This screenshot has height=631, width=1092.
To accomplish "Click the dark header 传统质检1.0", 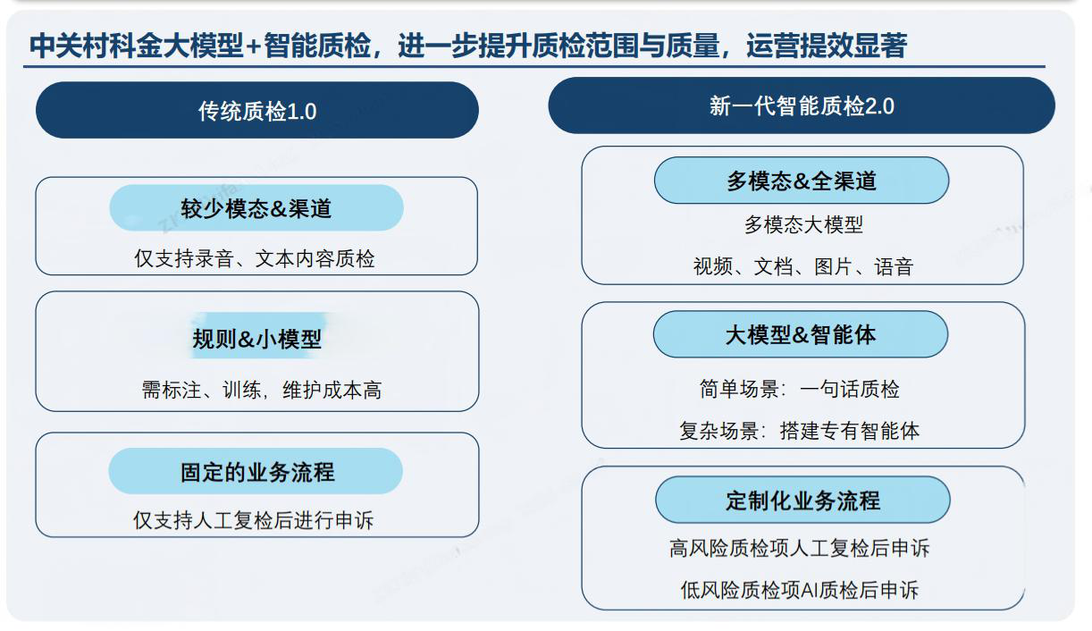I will (257, 111).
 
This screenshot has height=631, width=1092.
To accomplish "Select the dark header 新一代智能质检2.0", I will (801, 106).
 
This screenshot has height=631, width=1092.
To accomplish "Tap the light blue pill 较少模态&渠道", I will (256, 208).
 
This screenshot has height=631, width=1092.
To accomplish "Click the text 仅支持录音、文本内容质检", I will (255, 259).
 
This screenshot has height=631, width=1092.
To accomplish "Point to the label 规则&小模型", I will (256, 340).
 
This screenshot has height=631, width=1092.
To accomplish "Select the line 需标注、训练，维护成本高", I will (261, 390).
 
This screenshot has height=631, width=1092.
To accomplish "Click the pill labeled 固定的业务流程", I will (256, 472).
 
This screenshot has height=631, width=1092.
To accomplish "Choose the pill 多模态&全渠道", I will (801, 181).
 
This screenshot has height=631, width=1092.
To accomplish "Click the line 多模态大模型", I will (803, 224).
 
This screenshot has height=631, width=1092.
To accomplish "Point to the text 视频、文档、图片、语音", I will (802, 266).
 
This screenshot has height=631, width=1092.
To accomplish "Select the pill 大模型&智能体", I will (800, 335).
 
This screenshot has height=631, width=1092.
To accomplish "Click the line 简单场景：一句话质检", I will (799, 389).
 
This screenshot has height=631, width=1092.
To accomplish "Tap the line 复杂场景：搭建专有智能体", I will (799, 431).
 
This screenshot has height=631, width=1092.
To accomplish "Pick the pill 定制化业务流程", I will (802, 501).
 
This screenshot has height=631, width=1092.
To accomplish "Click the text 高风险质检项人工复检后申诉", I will (799, 548).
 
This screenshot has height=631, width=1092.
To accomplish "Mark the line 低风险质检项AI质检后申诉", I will (799, 590).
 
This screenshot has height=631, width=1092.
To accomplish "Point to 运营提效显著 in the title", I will (827, 46).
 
